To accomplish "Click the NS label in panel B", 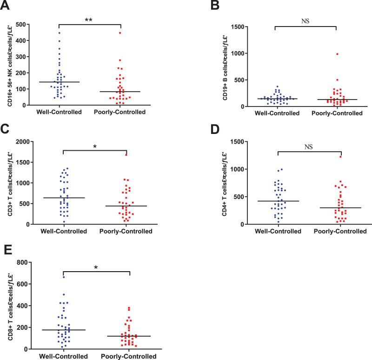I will [x=306, y=21].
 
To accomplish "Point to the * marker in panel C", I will [x=94, y=147].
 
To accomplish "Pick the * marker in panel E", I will [x=96, y=268].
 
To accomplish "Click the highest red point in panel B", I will [x=337, y=54].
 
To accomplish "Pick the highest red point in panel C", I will [x=126, y=155].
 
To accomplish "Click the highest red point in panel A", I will [x=120, y=33].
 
